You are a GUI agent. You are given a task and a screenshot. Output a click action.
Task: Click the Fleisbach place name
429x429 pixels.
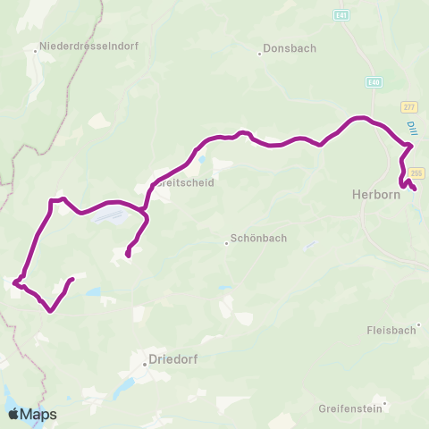tap(391, 329)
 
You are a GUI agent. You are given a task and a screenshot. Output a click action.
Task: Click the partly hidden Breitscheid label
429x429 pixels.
tap(186, 182)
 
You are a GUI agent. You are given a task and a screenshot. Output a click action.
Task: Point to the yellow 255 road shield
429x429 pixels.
tap(416, 172)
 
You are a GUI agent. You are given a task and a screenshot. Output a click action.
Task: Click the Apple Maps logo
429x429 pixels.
tap(32, 414)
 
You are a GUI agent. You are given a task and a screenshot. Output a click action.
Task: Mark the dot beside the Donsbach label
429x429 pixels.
tap(260, 53)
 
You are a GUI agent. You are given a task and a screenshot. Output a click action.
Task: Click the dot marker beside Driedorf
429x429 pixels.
tap(145, 364)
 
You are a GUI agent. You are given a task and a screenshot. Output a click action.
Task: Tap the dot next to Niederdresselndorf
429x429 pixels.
tap(35, 51)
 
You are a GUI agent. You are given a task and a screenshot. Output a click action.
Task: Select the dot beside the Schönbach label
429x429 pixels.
tap(226, 242)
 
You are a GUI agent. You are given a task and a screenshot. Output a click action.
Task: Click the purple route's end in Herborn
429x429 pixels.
tap(415, 188)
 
